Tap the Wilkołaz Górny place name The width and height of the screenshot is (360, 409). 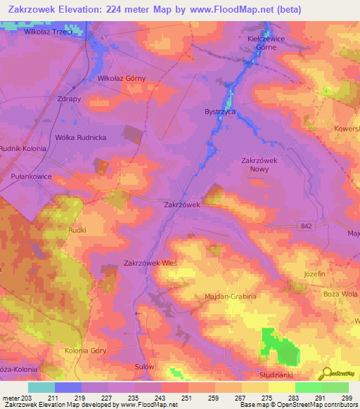pyautogui.click(x=121, y=79)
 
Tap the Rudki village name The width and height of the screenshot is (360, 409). pyautogui.click(x=77, y=229)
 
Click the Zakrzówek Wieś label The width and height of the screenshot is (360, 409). pyautogui.click(x=150, y=263)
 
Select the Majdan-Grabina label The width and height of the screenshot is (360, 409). pyautogui.click(x=231, y=297)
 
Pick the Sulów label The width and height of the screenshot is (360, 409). pyautogui.click(x=143, y=367)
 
